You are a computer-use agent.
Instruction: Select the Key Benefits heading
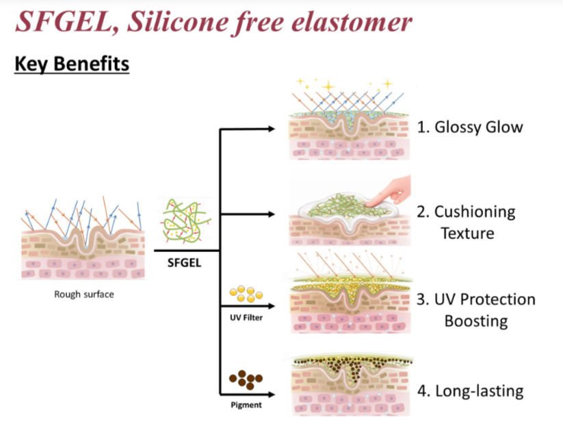tap(72, 64)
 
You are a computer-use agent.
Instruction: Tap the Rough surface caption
tap(84, 294)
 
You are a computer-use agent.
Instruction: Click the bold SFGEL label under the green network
tap(184, 263)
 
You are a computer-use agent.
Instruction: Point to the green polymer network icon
tap(185, 220)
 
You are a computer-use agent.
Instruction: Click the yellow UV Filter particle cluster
tap(246, 293)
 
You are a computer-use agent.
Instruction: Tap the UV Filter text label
tap(246, 318)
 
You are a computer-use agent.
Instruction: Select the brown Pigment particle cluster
tap(246, 379)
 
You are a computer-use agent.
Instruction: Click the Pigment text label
tap(246, 405)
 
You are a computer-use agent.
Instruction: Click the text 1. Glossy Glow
tap(470, 127)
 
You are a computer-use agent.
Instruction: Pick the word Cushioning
tap(475, 212)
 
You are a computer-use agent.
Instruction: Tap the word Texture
tap(467, 234)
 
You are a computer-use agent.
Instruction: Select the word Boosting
tap(476, 321)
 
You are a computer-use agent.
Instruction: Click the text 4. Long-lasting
tap(471, 391)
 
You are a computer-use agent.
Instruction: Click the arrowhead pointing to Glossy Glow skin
tap(271, 129)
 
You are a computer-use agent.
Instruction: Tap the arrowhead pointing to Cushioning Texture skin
tap(271, 214)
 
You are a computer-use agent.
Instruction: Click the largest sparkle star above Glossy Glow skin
tap(328, 87)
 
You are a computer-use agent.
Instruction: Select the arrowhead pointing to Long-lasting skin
tap(271, 395)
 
